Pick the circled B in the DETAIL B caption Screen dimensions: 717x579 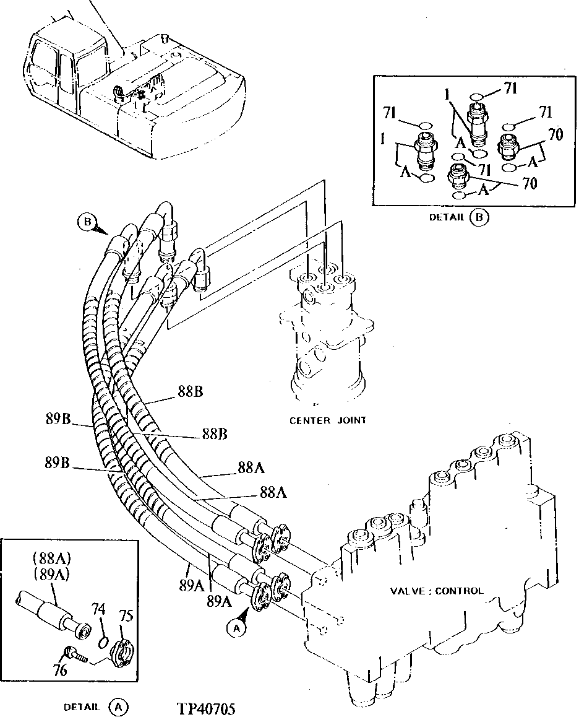coord(478,217)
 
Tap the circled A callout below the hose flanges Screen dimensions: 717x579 coord(234,628)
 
